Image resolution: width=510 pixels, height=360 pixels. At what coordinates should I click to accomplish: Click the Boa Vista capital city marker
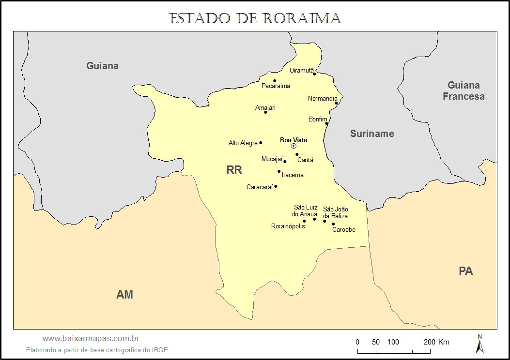pos(294,146)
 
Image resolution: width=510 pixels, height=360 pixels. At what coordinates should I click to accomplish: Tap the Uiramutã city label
pos(302,70)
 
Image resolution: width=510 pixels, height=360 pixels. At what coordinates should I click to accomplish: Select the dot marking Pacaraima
pos(275,81)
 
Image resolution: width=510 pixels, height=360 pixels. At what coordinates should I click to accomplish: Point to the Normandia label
pos(323,99)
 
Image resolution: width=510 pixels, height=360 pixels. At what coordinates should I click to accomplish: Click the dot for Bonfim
pos(326,123)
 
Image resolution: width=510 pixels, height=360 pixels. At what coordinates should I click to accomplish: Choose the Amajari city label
pos(265,108)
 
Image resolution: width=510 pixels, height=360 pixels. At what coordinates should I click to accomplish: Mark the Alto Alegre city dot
pos(261,143)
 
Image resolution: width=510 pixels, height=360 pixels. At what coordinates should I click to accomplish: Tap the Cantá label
pos(305,160)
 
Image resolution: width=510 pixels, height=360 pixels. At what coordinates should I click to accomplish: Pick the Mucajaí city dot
pos(285,162)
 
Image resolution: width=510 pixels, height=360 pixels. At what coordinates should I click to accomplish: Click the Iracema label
pos(293,175)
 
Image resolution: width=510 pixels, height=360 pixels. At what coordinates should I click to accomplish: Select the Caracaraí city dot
pos(276,186)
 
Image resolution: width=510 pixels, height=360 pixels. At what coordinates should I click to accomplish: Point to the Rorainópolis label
pos(288,226)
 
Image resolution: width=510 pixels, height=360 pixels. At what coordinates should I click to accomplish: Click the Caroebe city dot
pos(333,224)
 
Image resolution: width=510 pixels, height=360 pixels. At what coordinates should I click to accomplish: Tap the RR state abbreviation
pos(234,170)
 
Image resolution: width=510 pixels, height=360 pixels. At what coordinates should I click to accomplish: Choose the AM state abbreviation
pos(124,294)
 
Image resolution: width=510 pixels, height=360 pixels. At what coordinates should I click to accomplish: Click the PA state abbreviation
pos(465,271)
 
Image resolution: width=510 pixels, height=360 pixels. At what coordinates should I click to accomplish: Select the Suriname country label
pos(372,134)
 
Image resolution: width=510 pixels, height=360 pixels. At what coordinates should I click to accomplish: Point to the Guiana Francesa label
pos(464,91)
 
